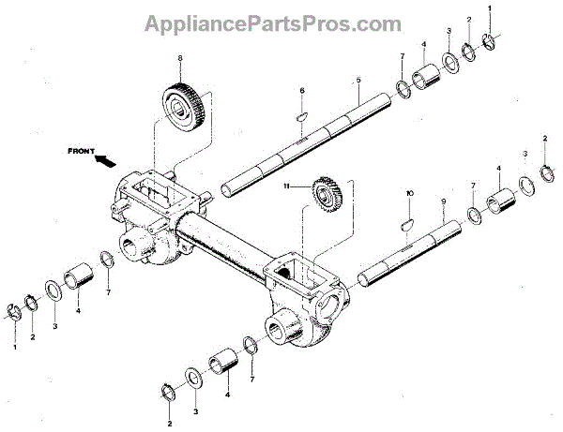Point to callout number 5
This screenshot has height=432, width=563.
click(x=358, y=82)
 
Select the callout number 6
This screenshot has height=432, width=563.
click(x=302, y=91)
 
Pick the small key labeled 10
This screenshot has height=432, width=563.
click(x=407, y=223)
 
